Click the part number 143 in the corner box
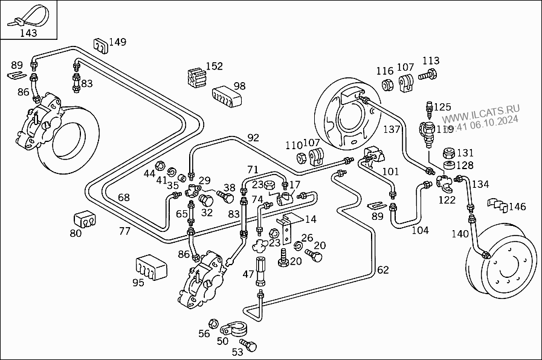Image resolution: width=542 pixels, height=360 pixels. point(28,33)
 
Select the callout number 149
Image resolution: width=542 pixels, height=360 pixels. point(118,42)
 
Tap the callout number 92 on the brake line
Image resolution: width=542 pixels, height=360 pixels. point(253,138)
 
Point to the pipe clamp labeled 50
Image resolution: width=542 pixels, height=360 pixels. point(230,330)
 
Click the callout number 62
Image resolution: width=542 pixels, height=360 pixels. point(383,270)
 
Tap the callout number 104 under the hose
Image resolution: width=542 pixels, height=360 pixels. point(420,230)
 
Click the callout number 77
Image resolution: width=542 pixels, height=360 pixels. point(124,230)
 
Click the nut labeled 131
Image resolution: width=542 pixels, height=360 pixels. point(448,153)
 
